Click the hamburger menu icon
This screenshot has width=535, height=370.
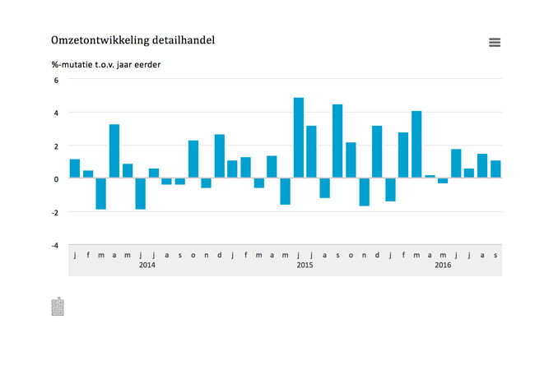pyautogui.click(x=495, y=42)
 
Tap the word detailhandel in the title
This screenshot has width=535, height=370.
pyautogui.click(x=184, y=39)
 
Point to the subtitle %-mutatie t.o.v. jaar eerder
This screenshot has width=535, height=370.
pyautogui.click(x=106, y=64)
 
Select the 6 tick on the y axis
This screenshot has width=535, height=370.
pyautogui.click(x=56, y=81)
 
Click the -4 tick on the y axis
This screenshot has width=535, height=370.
pyautogui.click(x=55, y=246)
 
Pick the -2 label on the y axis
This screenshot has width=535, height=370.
pyautogui.click(x=55, y=213)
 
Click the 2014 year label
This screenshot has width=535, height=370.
pyautogui.click(x=147, y=265)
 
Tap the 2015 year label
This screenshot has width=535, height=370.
pyautogui.click(x=305, y=265)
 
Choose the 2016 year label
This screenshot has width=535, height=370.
pyautogui.click(x=443, y=265)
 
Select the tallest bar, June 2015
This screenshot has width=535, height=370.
pyautogui.click(x=299, y=137)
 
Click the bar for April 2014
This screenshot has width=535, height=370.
pyautogui.click(x=114, y=151)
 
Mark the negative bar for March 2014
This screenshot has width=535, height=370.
pyautogui.click(x=101, y=193)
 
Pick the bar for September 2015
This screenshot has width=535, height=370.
pyautogui.click(x=337, y=141)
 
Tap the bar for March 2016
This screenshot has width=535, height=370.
pyautogui.click(x=416, y=144)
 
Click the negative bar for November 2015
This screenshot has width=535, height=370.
pyautogui.click(x=365, y=192)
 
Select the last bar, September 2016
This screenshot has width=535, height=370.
pyautogui.click(x=495, y=169)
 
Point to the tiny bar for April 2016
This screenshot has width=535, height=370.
pyautogui.click(x=430, y=176)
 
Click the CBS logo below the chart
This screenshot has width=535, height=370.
pyautogui.click(x=58, y=307)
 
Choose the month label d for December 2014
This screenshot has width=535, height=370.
pyautogui.click(x=220, y=255)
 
